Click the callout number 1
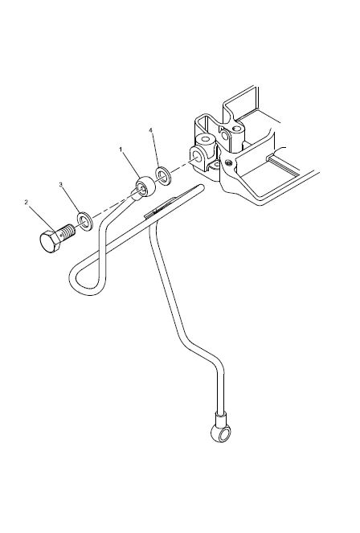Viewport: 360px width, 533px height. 121,150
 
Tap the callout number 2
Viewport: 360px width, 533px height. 27,203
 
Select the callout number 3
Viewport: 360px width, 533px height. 61,185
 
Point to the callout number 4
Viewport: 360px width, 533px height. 151,130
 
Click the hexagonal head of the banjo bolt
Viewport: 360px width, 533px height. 51,241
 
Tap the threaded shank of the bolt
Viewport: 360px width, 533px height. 67,232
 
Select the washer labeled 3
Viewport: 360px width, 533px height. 85,221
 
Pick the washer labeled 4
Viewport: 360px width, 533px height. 163,176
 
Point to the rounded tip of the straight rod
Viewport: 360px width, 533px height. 201,187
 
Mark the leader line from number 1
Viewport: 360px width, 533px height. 131,165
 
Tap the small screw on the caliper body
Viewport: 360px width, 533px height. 228,162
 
